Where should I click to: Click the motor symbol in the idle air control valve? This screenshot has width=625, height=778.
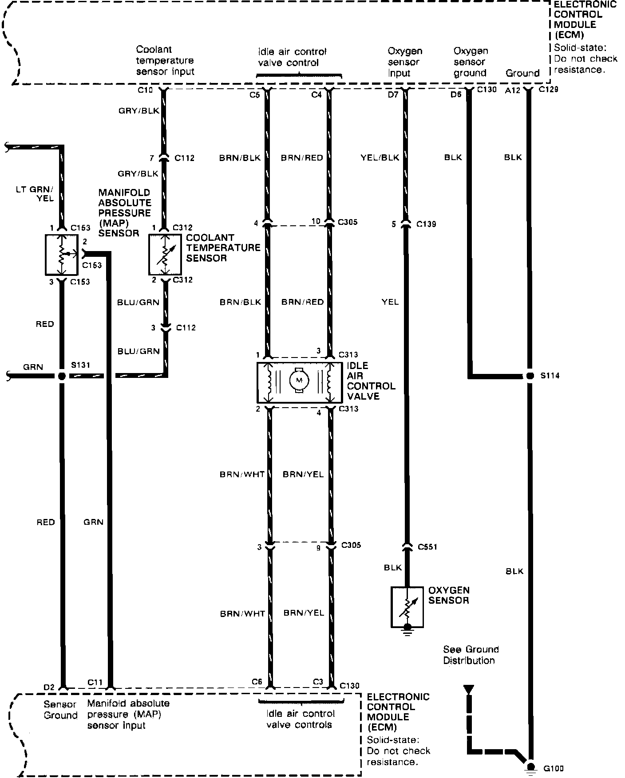[x=299, y=380]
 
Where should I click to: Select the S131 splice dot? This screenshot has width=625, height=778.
[x=62, y=376]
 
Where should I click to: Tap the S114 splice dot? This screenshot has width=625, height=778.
[x=529, y=376]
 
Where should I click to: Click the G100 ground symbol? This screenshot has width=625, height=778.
[x=529, y=766]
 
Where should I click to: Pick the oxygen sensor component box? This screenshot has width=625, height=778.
[x=407, y=607]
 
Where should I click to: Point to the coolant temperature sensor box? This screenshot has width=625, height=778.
[x=165, y=255]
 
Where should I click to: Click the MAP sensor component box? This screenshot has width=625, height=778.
[x=62, y=255]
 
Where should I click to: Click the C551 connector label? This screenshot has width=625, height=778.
[x=427, y=547]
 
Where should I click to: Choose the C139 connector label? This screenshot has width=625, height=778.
[x=426, y=224]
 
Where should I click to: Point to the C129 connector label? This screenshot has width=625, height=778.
[x=548, y=89]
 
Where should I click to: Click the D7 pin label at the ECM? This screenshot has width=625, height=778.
[x=393, y=94]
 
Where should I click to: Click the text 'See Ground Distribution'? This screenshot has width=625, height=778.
[x=471, y=655]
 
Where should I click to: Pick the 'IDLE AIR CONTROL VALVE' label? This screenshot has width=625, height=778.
[x=371, y=381]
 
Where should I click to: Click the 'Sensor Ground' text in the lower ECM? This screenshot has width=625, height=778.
[x=60, y=710]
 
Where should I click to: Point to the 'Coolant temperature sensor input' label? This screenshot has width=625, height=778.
[x=165, y=60]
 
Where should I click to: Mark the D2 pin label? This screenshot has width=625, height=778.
[x=49, y=688]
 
